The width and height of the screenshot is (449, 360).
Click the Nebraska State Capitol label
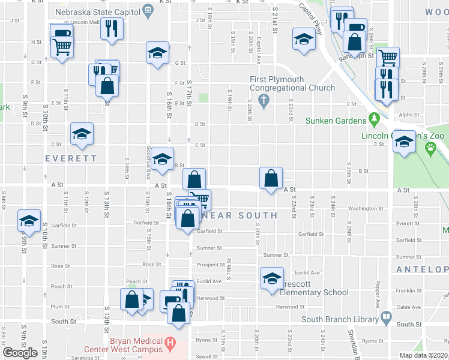point(98,11)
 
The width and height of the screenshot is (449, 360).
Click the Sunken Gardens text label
point(336,121)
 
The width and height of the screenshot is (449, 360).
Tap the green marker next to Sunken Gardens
point(374,119)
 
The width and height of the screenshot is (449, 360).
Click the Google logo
point(20,353)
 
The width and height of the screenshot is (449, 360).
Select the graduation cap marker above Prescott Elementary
point(272,278)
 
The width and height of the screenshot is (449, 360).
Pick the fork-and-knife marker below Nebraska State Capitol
point(112,28)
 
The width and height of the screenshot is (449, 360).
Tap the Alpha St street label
point(408,114)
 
